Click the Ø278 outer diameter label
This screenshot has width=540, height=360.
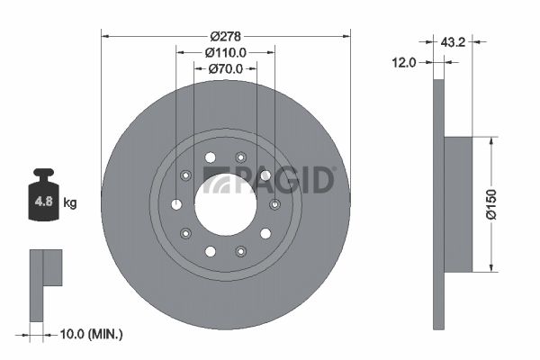pyautogui.click(x=225, y=35)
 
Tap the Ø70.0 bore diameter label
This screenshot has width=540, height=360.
pyautogui.click(x=225, y=68)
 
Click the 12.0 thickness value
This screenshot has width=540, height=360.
pyautogui.click(x=405, y=62)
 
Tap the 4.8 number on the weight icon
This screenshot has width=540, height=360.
pyautogui.click(x=42, y=202)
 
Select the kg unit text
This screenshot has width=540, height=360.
pyautogui.click(x=70, y=203)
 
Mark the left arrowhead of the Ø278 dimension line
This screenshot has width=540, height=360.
pyautogui.click(x=105, y=36)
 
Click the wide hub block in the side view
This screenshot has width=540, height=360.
pyautogui.click(x=458, y=204)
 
